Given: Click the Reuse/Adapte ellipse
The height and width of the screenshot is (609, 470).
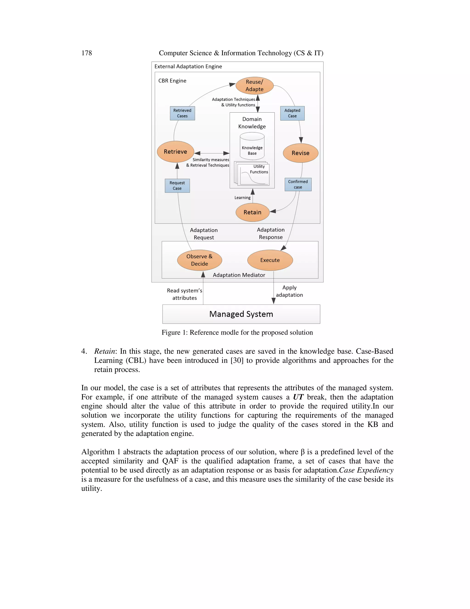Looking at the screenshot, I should coord(254,86).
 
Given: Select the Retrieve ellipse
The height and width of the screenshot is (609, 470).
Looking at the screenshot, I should coord(175,152).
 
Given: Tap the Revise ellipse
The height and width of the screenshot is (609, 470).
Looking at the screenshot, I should coord(300,153).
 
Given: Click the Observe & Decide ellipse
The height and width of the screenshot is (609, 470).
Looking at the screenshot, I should coord(199,260).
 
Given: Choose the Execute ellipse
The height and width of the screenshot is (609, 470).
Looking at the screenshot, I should coord(270,260).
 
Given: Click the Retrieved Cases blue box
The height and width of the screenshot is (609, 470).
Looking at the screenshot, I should coord(182,113).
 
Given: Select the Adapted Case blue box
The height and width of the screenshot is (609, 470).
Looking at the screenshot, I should coord(292,113).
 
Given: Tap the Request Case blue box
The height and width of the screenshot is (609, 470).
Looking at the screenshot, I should coord(177,186).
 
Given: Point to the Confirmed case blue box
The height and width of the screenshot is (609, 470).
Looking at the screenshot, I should coord(298,184).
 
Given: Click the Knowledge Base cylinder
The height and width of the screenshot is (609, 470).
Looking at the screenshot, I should coord(252,146).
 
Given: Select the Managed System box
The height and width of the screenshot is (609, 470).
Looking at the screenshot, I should coord(241,314).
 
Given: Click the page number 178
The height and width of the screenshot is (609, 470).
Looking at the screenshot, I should coord(87,53).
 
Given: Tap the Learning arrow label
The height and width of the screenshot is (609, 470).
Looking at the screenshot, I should coord(242,198).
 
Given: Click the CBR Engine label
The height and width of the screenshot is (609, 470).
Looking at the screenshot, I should coord(172,81).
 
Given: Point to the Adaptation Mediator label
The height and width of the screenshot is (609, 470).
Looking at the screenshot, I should coord(239,275).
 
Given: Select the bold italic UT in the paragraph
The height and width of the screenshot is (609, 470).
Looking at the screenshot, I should coord(298,397).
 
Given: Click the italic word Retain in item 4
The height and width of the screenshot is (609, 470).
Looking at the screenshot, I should coord(104,351).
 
